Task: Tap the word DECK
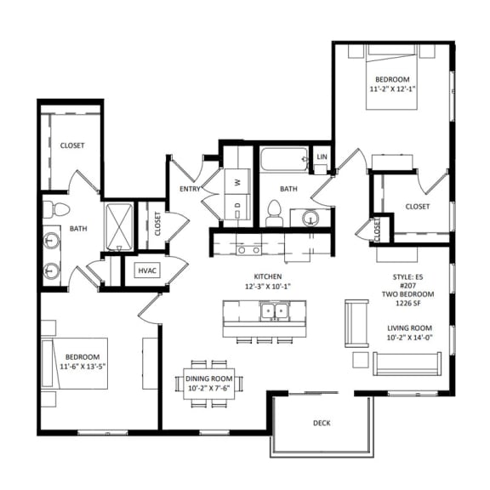click(x=321, y=423)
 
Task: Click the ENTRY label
click(x=189, y=189)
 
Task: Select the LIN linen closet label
click(x=322, y=157)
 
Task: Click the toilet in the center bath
click(x=274, y=214)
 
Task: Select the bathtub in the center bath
click(x=284, y=159)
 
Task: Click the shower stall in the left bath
click(x=118, y=227)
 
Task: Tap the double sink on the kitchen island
click(x=274, y=311)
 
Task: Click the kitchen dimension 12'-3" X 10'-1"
click(x=260, y=286)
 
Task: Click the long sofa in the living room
click(x=406, y=363)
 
